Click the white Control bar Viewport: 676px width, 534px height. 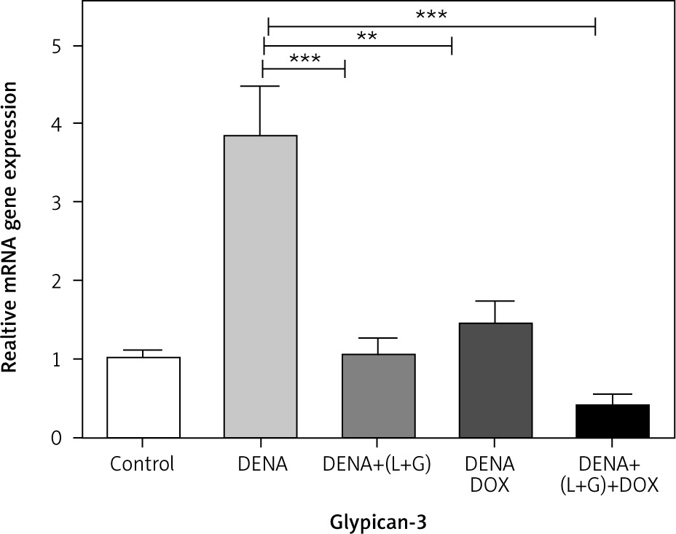144,397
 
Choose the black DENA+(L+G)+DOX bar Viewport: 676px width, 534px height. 613,421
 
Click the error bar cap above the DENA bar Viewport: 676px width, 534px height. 261,87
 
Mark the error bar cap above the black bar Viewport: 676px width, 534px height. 613,394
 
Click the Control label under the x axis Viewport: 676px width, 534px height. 143,463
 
